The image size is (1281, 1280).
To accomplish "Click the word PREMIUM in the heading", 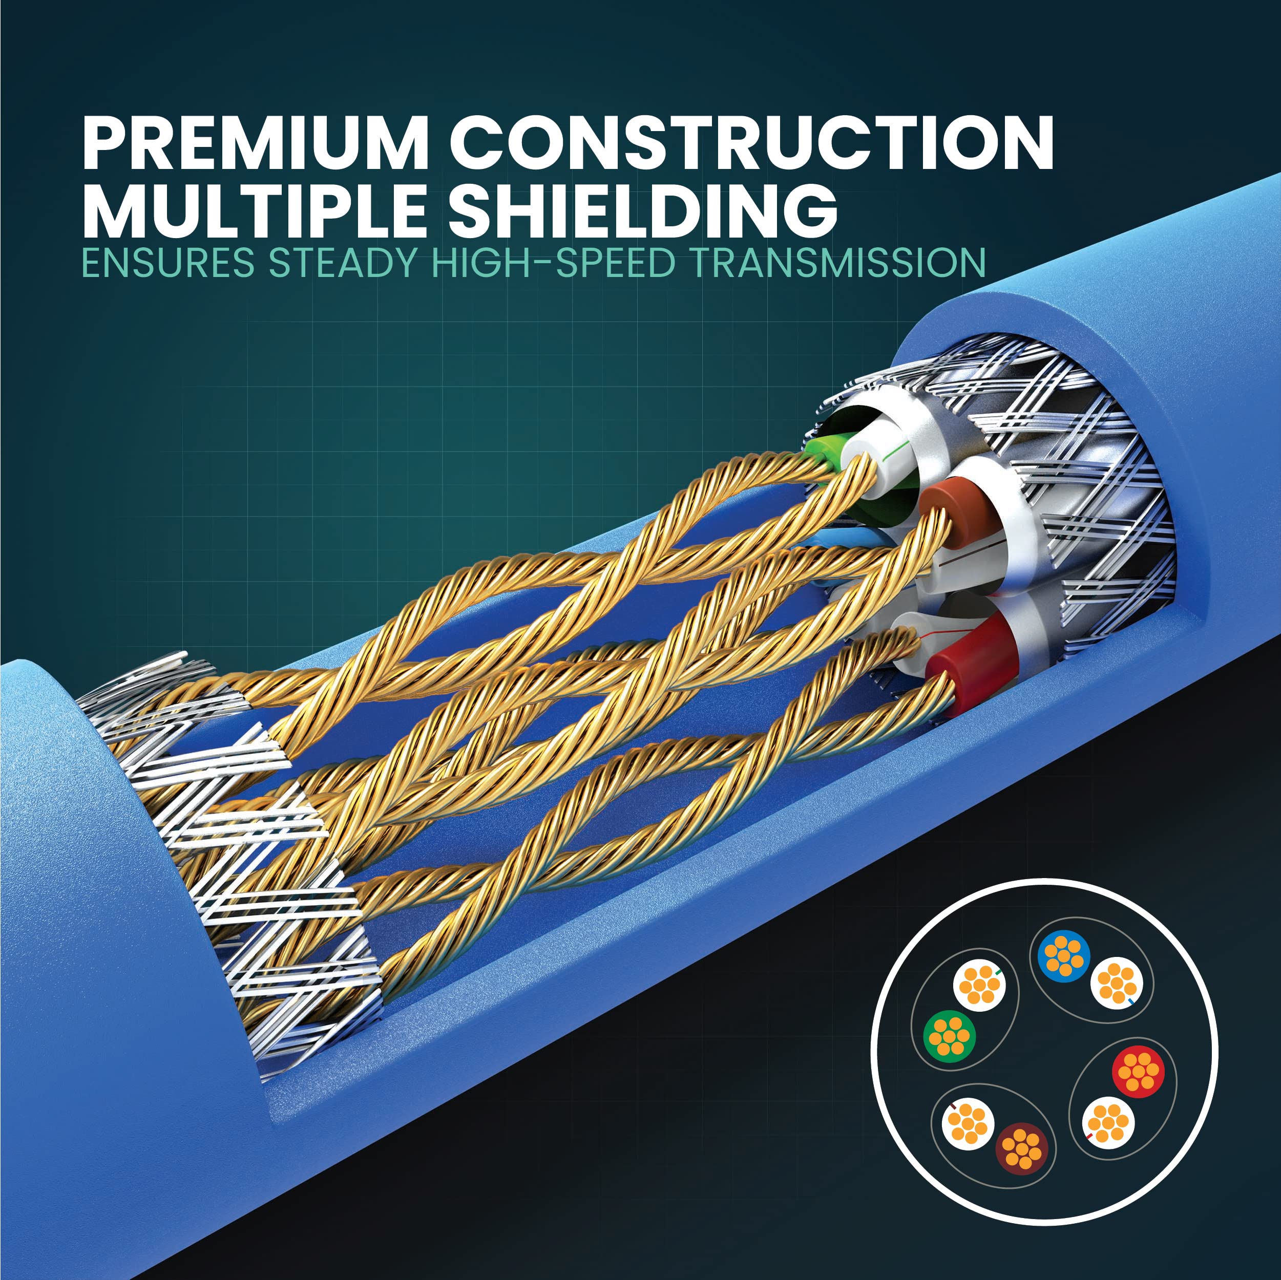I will (x=255, y=144).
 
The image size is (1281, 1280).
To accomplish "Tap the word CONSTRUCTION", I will (x=752, y=144).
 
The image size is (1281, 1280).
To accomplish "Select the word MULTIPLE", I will (x=255, y=209).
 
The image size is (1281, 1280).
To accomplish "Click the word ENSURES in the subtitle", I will (x=168, y=263).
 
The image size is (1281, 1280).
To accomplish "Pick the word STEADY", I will (x=343, y=263).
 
